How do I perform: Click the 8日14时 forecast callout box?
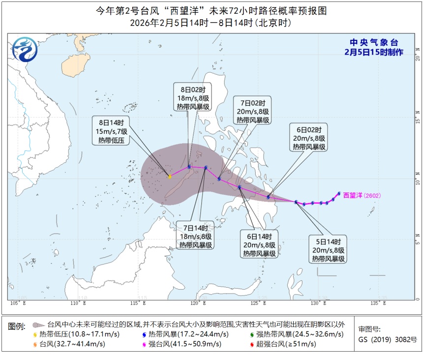110,131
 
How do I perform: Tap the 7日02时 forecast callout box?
252,112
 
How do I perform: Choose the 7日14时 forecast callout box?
196,237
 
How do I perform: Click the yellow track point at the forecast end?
170,177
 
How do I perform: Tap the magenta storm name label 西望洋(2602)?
362,195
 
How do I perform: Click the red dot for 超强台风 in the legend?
251,344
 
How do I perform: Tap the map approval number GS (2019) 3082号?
387,339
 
